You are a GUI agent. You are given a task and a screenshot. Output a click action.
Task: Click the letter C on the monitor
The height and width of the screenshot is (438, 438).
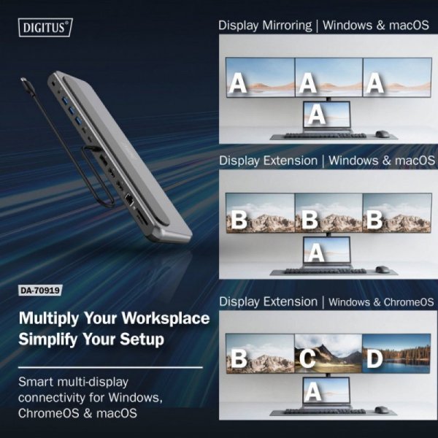[x=308, y=358]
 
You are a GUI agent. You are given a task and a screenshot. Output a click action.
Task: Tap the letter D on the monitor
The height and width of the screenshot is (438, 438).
[x=375, y=358]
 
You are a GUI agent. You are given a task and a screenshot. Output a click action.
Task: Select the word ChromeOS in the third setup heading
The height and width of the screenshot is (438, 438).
[x=406, y=301]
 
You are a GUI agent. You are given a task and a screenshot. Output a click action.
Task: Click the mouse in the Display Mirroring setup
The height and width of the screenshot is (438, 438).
[x=381, y=134]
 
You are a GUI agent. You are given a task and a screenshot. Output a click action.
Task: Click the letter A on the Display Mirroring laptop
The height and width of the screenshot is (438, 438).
[x=317, y=114]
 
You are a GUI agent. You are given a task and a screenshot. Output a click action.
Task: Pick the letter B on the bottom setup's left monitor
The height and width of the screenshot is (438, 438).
[x=238, y=358]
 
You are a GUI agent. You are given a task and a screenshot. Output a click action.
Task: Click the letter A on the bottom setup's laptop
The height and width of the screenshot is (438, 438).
[x=314, y=391]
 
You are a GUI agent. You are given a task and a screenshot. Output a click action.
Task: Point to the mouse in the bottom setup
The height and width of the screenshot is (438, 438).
[x=381, y=411]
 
